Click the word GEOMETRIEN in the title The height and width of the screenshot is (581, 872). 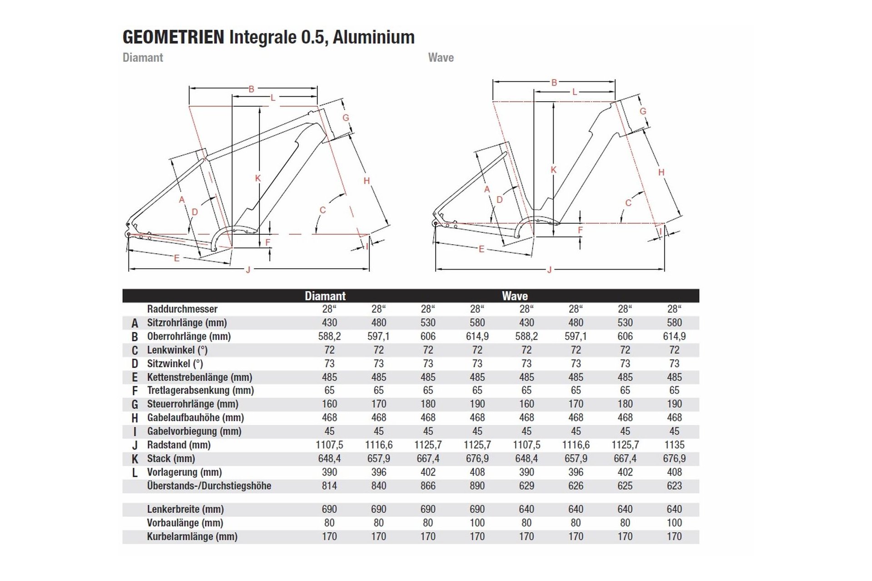[173, 37]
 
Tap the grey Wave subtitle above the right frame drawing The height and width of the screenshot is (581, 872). [441, 58]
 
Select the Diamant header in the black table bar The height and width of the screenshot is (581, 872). [325, 296]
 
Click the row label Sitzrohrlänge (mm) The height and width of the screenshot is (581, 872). [187, 323]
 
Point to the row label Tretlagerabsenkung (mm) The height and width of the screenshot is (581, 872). [200, 390]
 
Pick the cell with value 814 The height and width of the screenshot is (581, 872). [329, 486]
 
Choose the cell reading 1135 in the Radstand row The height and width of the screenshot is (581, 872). [674, 445]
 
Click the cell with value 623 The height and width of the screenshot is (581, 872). [674, 486]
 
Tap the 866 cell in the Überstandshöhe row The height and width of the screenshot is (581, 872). [428, 486]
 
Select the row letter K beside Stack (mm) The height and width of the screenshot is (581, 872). [135, 459]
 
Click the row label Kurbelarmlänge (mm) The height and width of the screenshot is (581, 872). [192, 537]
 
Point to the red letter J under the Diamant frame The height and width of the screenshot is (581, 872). [248, 270]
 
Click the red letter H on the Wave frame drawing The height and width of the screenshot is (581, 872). [661, 172]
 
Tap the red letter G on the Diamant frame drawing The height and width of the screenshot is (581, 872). [346, 118]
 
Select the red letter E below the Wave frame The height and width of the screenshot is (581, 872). [481, 249]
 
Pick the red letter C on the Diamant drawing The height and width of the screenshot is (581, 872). [322, 210]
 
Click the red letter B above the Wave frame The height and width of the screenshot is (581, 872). [554, 83]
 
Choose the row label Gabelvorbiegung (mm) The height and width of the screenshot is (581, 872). [194, 431]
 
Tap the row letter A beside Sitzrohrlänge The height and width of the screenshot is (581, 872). [135, 323]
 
